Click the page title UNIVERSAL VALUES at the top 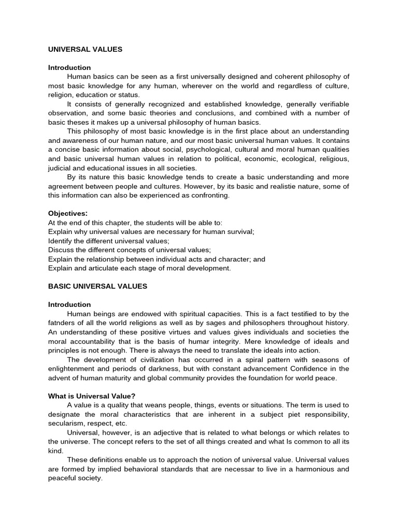click(x=85, y=50)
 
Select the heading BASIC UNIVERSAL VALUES click(x=97, y=286)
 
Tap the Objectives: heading click(x=68, y=213)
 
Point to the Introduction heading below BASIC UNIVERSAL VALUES click(x=69, y=304)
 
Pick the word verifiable click(x=330, y=104)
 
